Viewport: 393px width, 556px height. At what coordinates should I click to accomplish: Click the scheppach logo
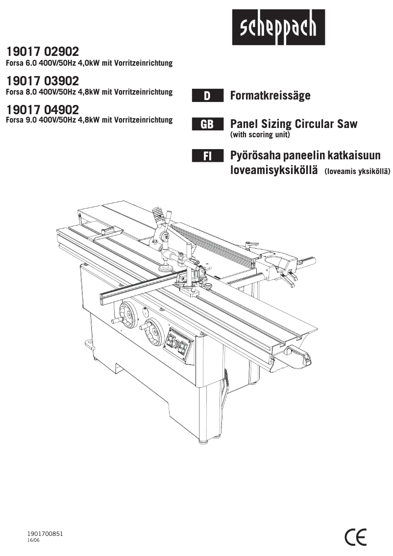click(x=278, y=28)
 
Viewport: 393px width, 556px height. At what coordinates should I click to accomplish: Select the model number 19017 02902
click(x=42, y=52)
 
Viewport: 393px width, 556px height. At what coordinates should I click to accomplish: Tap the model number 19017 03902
click(x=42, y=80)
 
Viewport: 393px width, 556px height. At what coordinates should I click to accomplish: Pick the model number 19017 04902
click(x=42, y=109)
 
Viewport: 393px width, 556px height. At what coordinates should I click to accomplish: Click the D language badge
click(x=207, y=96)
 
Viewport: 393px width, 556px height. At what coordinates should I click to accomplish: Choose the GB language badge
click(x=207, y=124)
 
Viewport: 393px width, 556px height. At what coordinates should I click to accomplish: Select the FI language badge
click(x=207, y=156)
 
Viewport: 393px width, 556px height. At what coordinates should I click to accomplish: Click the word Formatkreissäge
click(x=270, y=96)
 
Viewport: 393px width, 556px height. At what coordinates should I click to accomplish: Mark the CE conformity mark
click(x=355, y=537)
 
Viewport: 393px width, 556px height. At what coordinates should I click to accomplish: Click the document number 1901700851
click(x=45, y=533)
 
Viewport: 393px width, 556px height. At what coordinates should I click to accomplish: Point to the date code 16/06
click(x=33, y=540)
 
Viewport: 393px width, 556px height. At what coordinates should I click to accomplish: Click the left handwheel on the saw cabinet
click(x=127, y=313)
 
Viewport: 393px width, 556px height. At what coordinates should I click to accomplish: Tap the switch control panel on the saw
click(x=178, y=345)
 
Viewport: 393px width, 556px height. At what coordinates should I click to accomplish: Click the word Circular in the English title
click(x=308, y=124)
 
